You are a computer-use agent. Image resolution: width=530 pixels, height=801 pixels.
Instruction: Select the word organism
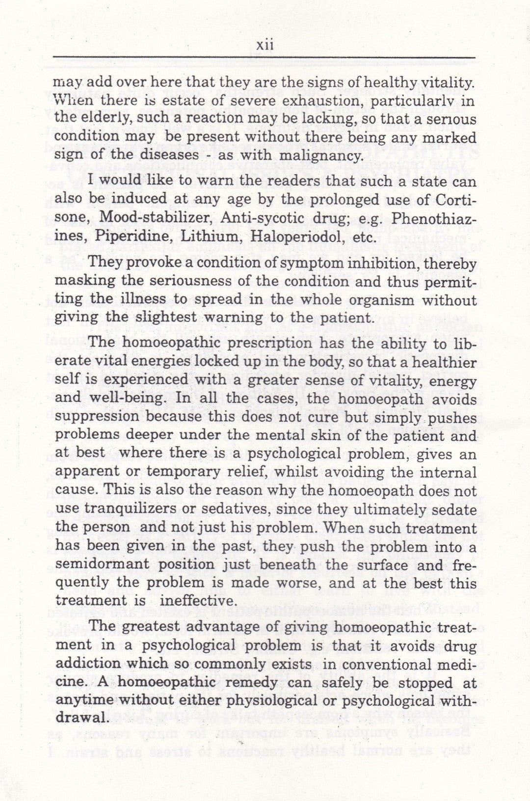coord(374,300)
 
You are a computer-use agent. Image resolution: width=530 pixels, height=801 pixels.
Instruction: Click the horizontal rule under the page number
coord(265,58)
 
